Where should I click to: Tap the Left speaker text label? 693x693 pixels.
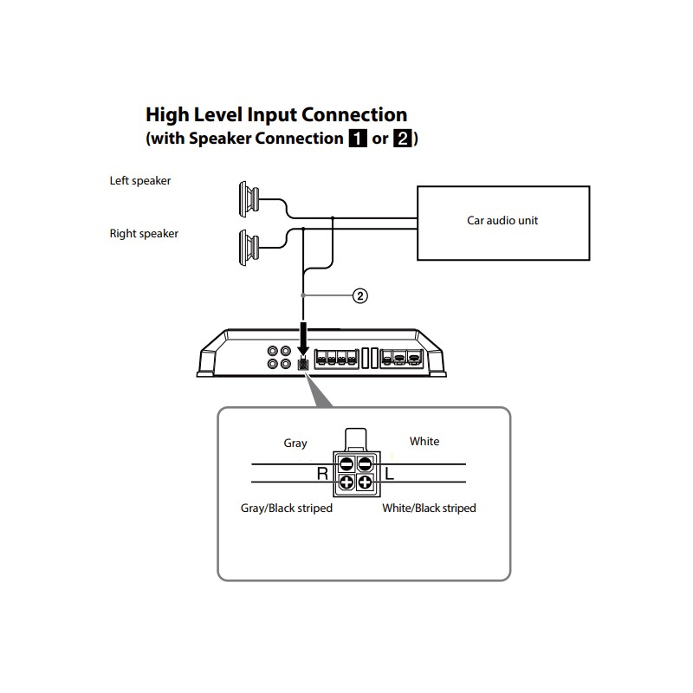(140, 181)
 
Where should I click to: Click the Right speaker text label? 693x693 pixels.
(144, 234)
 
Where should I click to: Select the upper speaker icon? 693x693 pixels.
(249, 199)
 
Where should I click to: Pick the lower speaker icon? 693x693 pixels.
(249, 248)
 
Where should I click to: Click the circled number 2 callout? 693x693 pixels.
(360, 295)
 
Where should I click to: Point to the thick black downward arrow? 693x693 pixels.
(303, 339)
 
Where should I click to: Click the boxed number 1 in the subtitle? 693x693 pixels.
(358, 139)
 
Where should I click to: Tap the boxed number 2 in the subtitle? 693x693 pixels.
(402, 139)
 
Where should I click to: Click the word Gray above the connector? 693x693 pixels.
(295, 443)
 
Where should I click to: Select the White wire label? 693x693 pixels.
(424, 442)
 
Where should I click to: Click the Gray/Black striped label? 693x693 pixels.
(287, 508)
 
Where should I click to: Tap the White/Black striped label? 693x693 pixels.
(429, 508)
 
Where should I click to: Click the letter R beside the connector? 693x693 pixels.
(322, 474)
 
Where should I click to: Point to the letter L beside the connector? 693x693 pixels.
(389, 474)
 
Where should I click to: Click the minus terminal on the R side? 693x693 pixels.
(346, 464)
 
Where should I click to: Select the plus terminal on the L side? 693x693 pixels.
(365, 483)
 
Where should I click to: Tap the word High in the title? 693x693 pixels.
(167, 115)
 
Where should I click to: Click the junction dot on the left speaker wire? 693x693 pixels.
(333, 218)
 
